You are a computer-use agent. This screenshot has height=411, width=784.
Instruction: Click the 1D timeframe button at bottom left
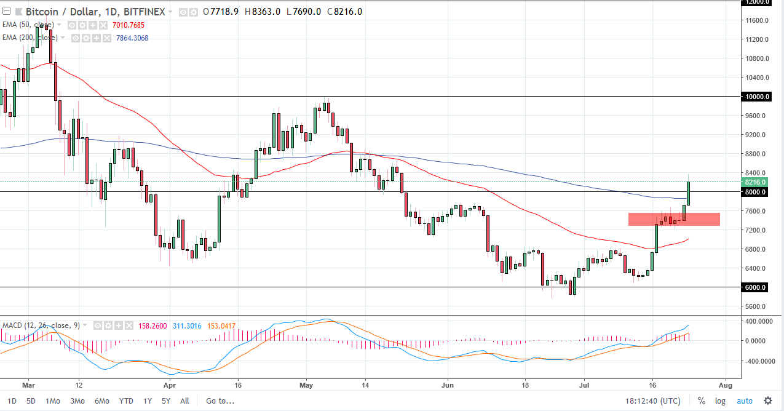tap(12, 401)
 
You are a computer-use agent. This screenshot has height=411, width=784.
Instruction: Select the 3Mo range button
tap(77, 401)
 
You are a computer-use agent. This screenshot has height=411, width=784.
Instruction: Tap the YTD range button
tap(126, 401)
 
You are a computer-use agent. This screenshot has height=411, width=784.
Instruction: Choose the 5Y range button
tap(166, 401)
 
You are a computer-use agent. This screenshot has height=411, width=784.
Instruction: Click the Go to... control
tap(220, 401)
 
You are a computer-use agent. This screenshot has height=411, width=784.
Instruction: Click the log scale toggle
tap(720, 401)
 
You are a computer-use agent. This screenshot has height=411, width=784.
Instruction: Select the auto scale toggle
tap(744, 401)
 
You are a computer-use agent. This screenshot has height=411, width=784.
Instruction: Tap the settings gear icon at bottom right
tap(767, 401)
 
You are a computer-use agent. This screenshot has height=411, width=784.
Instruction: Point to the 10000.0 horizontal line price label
tap(754, 97)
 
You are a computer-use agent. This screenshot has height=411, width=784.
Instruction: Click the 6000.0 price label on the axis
tap(754, 287)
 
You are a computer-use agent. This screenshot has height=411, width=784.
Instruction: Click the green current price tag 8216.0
tap(754, 183)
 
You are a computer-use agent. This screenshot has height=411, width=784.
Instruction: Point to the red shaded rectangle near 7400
tap(674, 219)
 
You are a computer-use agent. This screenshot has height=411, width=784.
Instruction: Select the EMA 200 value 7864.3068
tap(132, 38)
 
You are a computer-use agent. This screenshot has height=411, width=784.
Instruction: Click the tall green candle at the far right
tap(688, 193)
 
